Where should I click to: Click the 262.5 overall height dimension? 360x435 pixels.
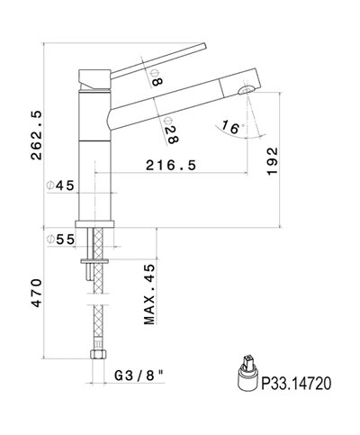(37, 135)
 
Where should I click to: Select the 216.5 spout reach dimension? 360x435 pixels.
(171, 165)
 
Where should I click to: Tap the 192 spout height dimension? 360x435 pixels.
(273, 161)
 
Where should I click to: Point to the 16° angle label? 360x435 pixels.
(231, 127)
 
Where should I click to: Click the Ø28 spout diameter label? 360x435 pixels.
(171, 131)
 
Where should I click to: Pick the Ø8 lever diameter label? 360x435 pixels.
(157, 77)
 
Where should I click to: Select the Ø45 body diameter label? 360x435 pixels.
(60, 186)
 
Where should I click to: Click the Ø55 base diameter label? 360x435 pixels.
(60, 240)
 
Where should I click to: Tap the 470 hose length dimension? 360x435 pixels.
(37, 293)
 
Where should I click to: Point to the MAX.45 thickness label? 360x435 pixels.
(149, 295)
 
